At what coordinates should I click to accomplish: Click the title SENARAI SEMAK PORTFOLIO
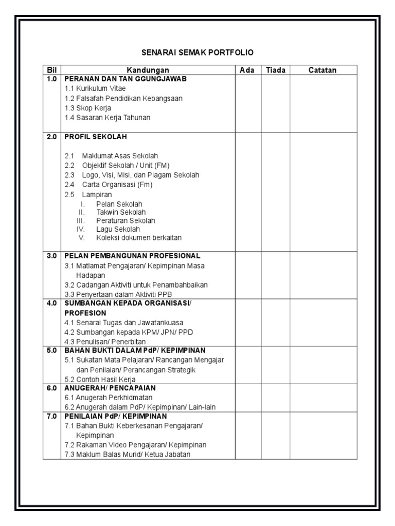[x=197, y=52]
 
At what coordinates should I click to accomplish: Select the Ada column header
[x=247, y=70]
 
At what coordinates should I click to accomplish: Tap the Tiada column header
[x=276, y=70]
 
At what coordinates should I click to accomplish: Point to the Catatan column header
[x=322, y=70]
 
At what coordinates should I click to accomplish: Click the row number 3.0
[x=51, y=255]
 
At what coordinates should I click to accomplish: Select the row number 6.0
[x=51, y=388]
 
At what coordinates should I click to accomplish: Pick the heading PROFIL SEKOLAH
[x=95, y=137]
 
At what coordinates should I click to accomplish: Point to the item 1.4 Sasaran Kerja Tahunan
[x=107, y=118]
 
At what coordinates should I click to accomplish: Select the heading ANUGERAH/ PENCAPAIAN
[x=110, y=388]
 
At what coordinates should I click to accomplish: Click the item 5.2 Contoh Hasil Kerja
[x=100, y=380]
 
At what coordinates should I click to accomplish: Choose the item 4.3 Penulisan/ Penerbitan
[x=105, y=342]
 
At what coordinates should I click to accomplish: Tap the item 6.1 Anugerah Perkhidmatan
[x=109, y=398]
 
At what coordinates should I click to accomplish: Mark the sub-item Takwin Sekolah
[x=120, y=212]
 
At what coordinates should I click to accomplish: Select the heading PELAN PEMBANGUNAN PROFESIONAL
[x=132, y=255]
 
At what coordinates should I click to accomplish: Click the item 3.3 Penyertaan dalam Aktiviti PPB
[x=118, y=294]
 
